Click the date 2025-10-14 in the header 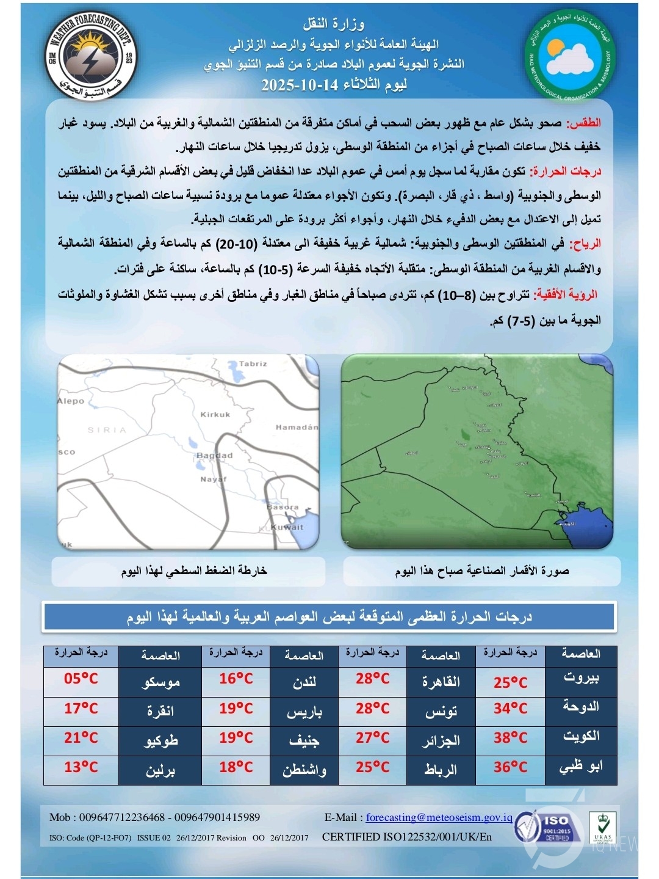299,85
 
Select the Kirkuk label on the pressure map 215,415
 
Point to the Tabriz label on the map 253,364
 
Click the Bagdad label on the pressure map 214,456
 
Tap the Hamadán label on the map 297,428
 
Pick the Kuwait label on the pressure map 287,527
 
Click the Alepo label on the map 71,401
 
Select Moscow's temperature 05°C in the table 81,679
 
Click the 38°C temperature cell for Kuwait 510,738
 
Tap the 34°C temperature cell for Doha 510,709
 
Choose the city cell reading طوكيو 160,740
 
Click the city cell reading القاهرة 441,682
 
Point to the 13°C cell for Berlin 81,767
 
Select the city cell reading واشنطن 304,770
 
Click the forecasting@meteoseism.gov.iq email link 439,817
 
